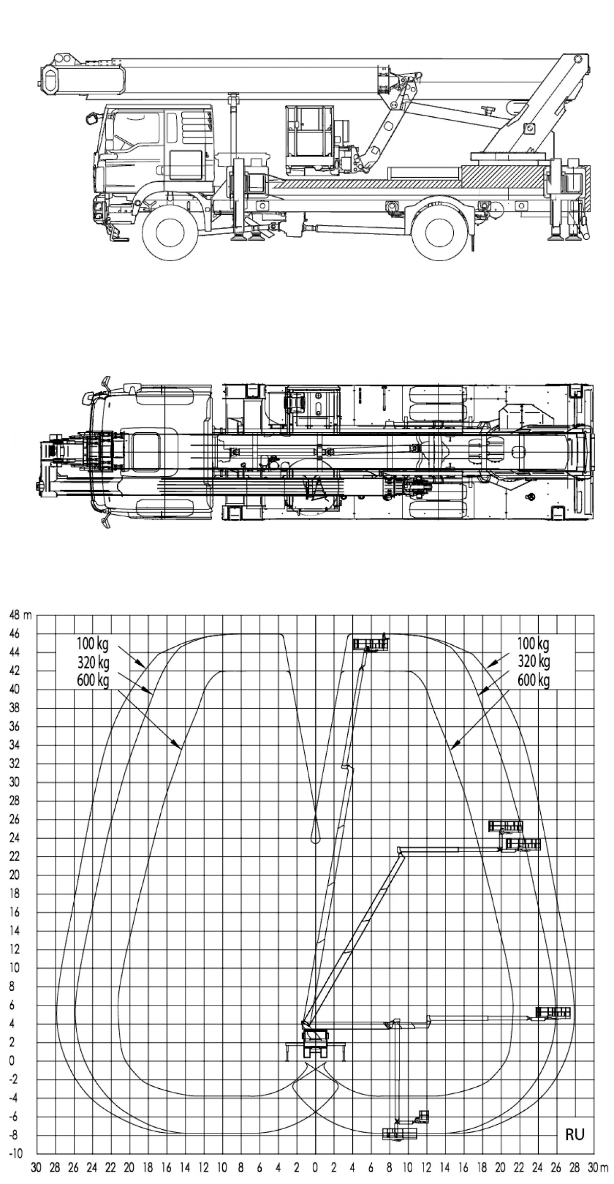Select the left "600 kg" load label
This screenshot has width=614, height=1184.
tap(93, 682)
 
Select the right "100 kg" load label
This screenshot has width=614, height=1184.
tap(533, 643)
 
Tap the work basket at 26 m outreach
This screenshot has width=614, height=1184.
tap(553, 1012)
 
